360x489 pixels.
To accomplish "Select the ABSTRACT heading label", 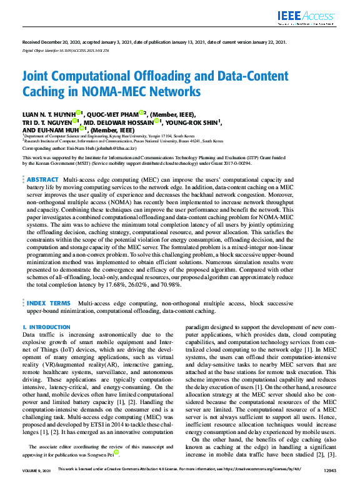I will coord(43,162).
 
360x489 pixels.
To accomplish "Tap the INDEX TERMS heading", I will coord(49,303).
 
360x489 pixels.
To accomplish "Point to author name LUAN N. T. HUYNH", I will coord(48,114).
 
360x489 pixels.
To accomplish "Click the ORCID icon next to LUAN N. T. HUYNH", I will coord(79,113).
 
